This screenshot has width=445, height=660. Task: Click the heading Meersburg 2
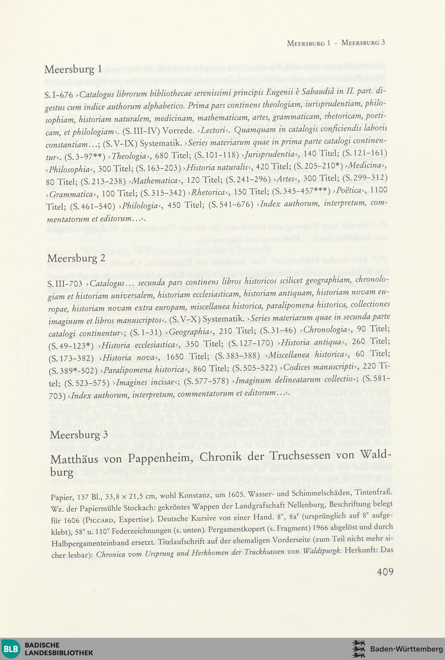point(76,258)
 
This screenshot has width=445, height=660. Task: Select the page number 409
point(385,571)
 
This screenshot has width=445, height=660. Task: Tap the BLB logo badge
point(11,649)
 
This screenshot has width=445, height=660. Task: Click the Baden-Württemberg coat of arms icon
point(359,649)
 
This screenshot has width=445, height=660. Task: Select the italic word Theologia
point(129,156)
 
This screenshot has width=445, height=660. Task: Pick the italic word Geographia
point(189,331)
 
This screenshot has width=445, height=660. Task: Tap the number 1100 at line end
point(379,190)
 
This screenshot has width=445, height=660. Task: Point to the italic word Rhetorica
point(208,193)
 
